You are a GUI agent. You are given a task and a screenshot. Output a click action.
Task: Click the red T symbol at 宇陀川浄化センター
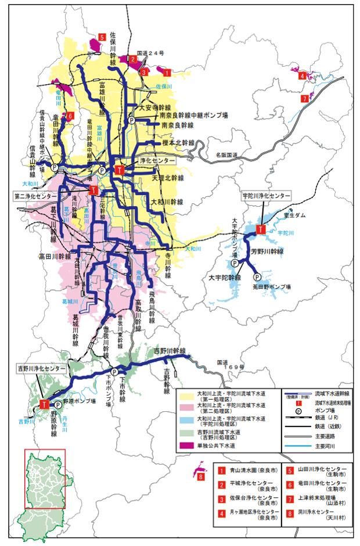pos(261,229)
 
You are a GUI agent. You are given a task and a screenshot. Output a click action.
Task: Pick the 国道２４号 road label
pos(152,52)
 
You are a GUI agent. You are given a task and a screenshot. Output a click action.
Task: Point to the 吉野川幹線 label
pos(169,351)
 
